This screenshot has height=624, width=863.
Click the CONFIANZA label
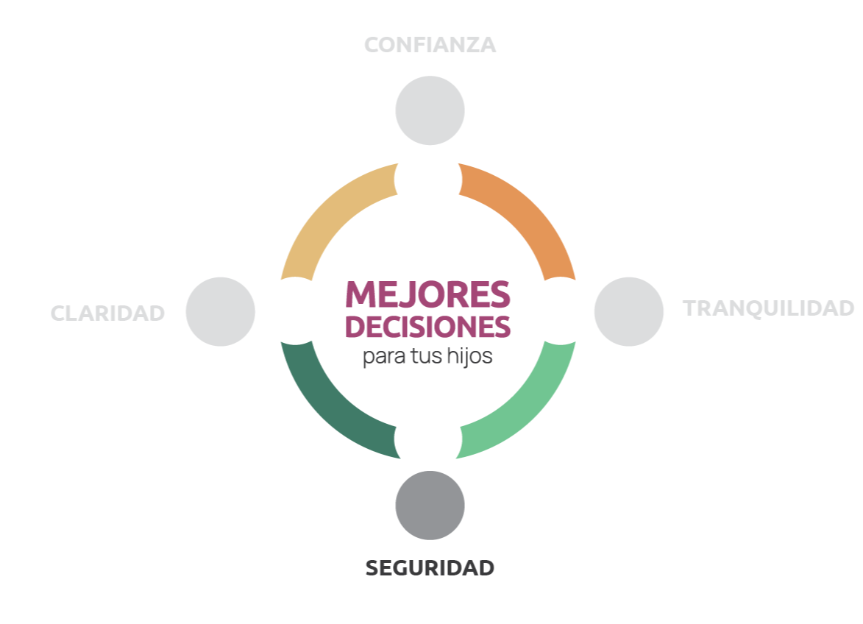coord(430,45)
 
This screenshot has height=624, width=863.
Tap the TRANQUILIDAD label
coord(768,308)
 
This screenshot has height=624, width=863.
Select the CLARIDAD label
coord(107,313)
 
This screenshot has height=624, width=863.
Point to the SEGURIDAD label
coord(430,568)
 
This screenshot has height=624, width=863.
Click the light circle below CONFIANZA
coord(430,110)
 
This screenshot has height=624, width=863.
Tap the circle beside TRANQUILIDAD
coord(628,311)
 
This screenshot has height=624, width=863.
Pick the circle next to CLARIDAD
coord(220,311)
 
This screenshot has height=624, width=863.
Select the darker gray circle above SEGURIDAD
coord(430,506)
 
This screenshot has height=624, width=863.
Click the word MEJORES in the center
coord(427,294)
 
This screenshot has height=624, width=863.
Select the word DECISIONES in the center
coord(427,327)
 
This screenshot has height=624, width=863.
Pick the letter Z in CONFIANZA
coord(469,45)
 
